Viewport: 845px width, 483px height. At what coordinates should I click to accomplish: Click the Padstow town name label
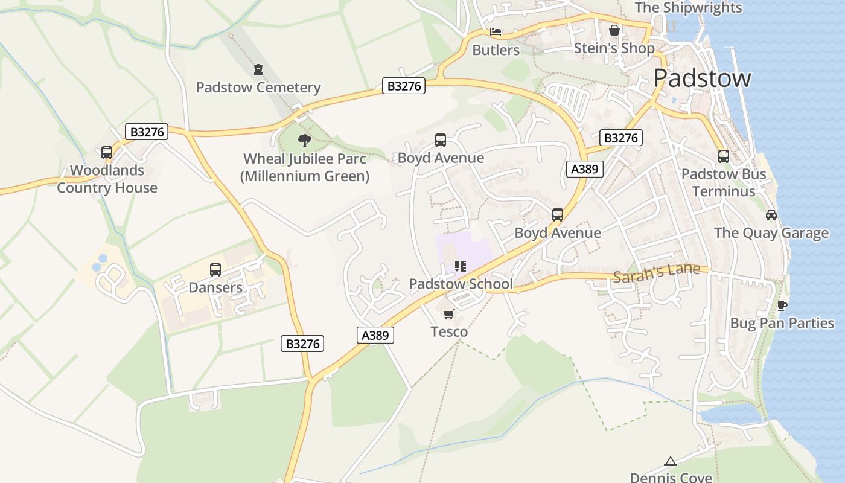coord(702,78)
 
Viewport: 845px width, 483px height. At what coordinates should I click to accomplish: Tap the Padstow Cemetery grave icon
coord(258,69)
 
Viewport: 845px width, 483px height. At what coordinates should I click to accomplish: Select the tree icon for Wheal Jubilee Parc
coord(305,141)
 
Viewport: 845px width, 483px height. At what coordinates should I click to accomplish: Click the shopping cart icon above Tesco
coord(448,314)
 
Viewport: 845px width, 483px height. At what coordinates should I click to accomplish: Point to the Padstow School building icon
coord(461,266)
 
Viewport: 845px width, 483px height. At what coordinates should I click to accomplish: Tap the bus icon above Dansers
coord(215,270)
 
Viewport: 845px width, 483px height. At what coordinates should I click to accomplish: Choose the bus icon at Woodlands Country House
coord(107,153)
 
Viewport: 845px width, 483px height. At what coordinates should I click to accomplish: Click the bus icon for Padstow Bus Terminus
coord(724,156)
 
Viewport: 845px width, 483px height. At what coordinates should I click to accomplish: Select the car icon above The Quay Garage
coord(771,215)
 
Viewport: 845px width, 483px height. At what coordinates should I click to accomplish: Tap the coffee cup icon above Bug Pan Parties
coord(782,305)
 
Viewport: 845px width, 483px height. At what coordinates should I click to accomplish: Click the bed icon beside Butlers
coord(496,32)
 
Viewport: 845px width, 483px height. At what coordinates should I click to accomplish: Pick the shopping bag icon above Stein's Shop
coord(614,30)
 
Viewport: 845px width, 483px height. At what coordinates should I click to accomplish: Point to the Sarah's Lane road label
coord(657,273)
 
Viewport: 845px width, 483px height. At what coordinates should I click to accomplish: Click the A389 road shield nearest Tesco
coord(375,336)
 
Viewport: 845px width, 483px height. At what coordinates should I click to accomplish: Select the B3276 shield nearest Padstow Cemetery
coord(404,86)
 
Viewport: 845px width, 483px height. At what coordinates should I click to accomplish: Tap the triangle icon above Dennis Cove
coord(671,462)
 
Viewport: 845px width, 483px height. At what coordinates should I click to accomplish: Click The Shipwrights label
coord(688,8)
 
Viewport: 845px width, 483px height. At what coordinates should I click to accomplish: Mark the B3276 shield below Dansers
coord(302,344)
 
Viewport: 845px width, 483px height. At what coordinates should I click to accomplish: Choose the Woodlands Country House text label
coord(107,179)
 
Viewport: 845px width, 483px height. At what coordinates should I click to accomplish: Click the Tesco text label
coord(449,332)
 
